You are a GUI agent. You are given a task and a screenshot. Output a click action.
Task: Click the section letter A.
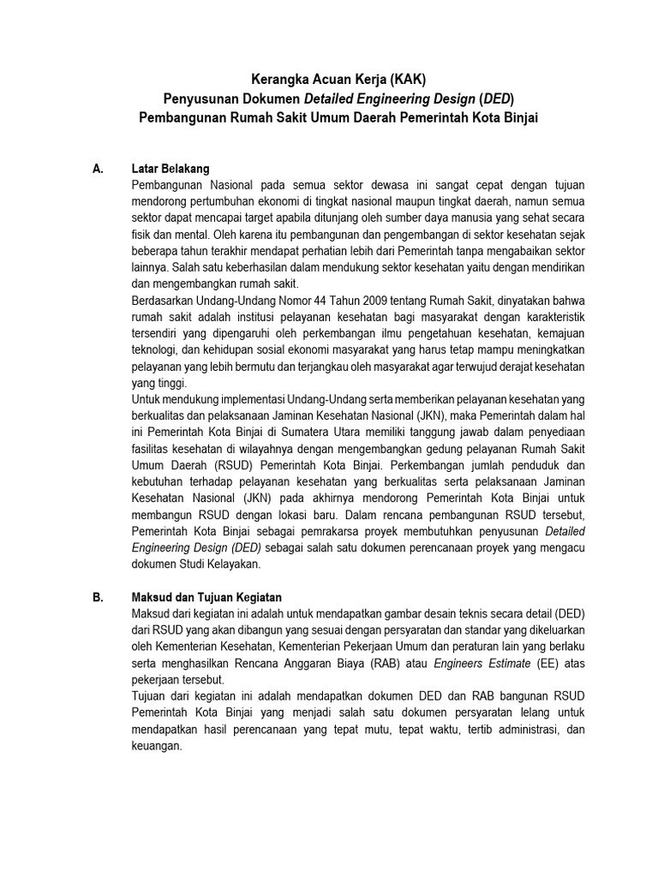point(97,169)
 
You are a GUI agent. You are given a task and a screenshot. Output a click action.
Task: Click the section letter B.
point(97,597)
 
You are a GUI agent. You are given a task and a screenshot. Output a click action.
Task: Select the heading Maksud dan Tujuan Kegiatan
point(207,597)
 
